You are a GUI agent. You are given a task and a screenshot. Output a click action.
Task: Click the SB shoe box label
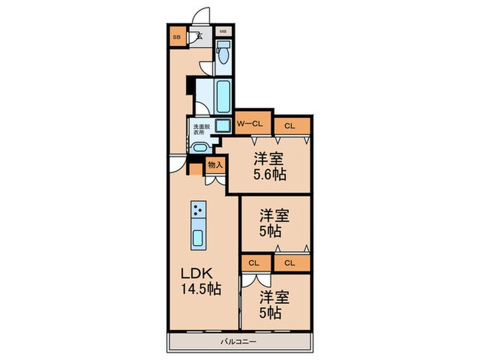pyautogui.click(x=176, y=37)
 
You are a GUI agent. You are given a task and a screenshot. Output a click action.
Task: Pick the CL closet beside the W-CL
pyautogui.click(x=291, y=125)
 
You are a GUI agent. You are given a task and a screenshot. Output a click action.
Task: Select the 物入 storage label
pyautogui.click(x=215, y=165)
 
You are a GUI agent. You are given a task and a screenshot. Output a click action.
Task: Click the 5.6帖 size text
pyautogui.click(x=269, y=174)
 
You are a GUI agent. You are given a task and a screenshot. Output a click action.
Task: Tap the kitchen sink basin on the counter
pyautogui.click(x=198, y=239)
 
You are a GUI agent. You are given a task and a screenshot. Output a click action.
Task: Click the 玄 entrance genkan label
pyautogui.click(x=200, y=37)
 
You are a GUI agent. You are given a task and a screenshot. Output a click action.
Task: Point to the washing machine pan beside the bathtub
pyautogui.click(x=223, y=125)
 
